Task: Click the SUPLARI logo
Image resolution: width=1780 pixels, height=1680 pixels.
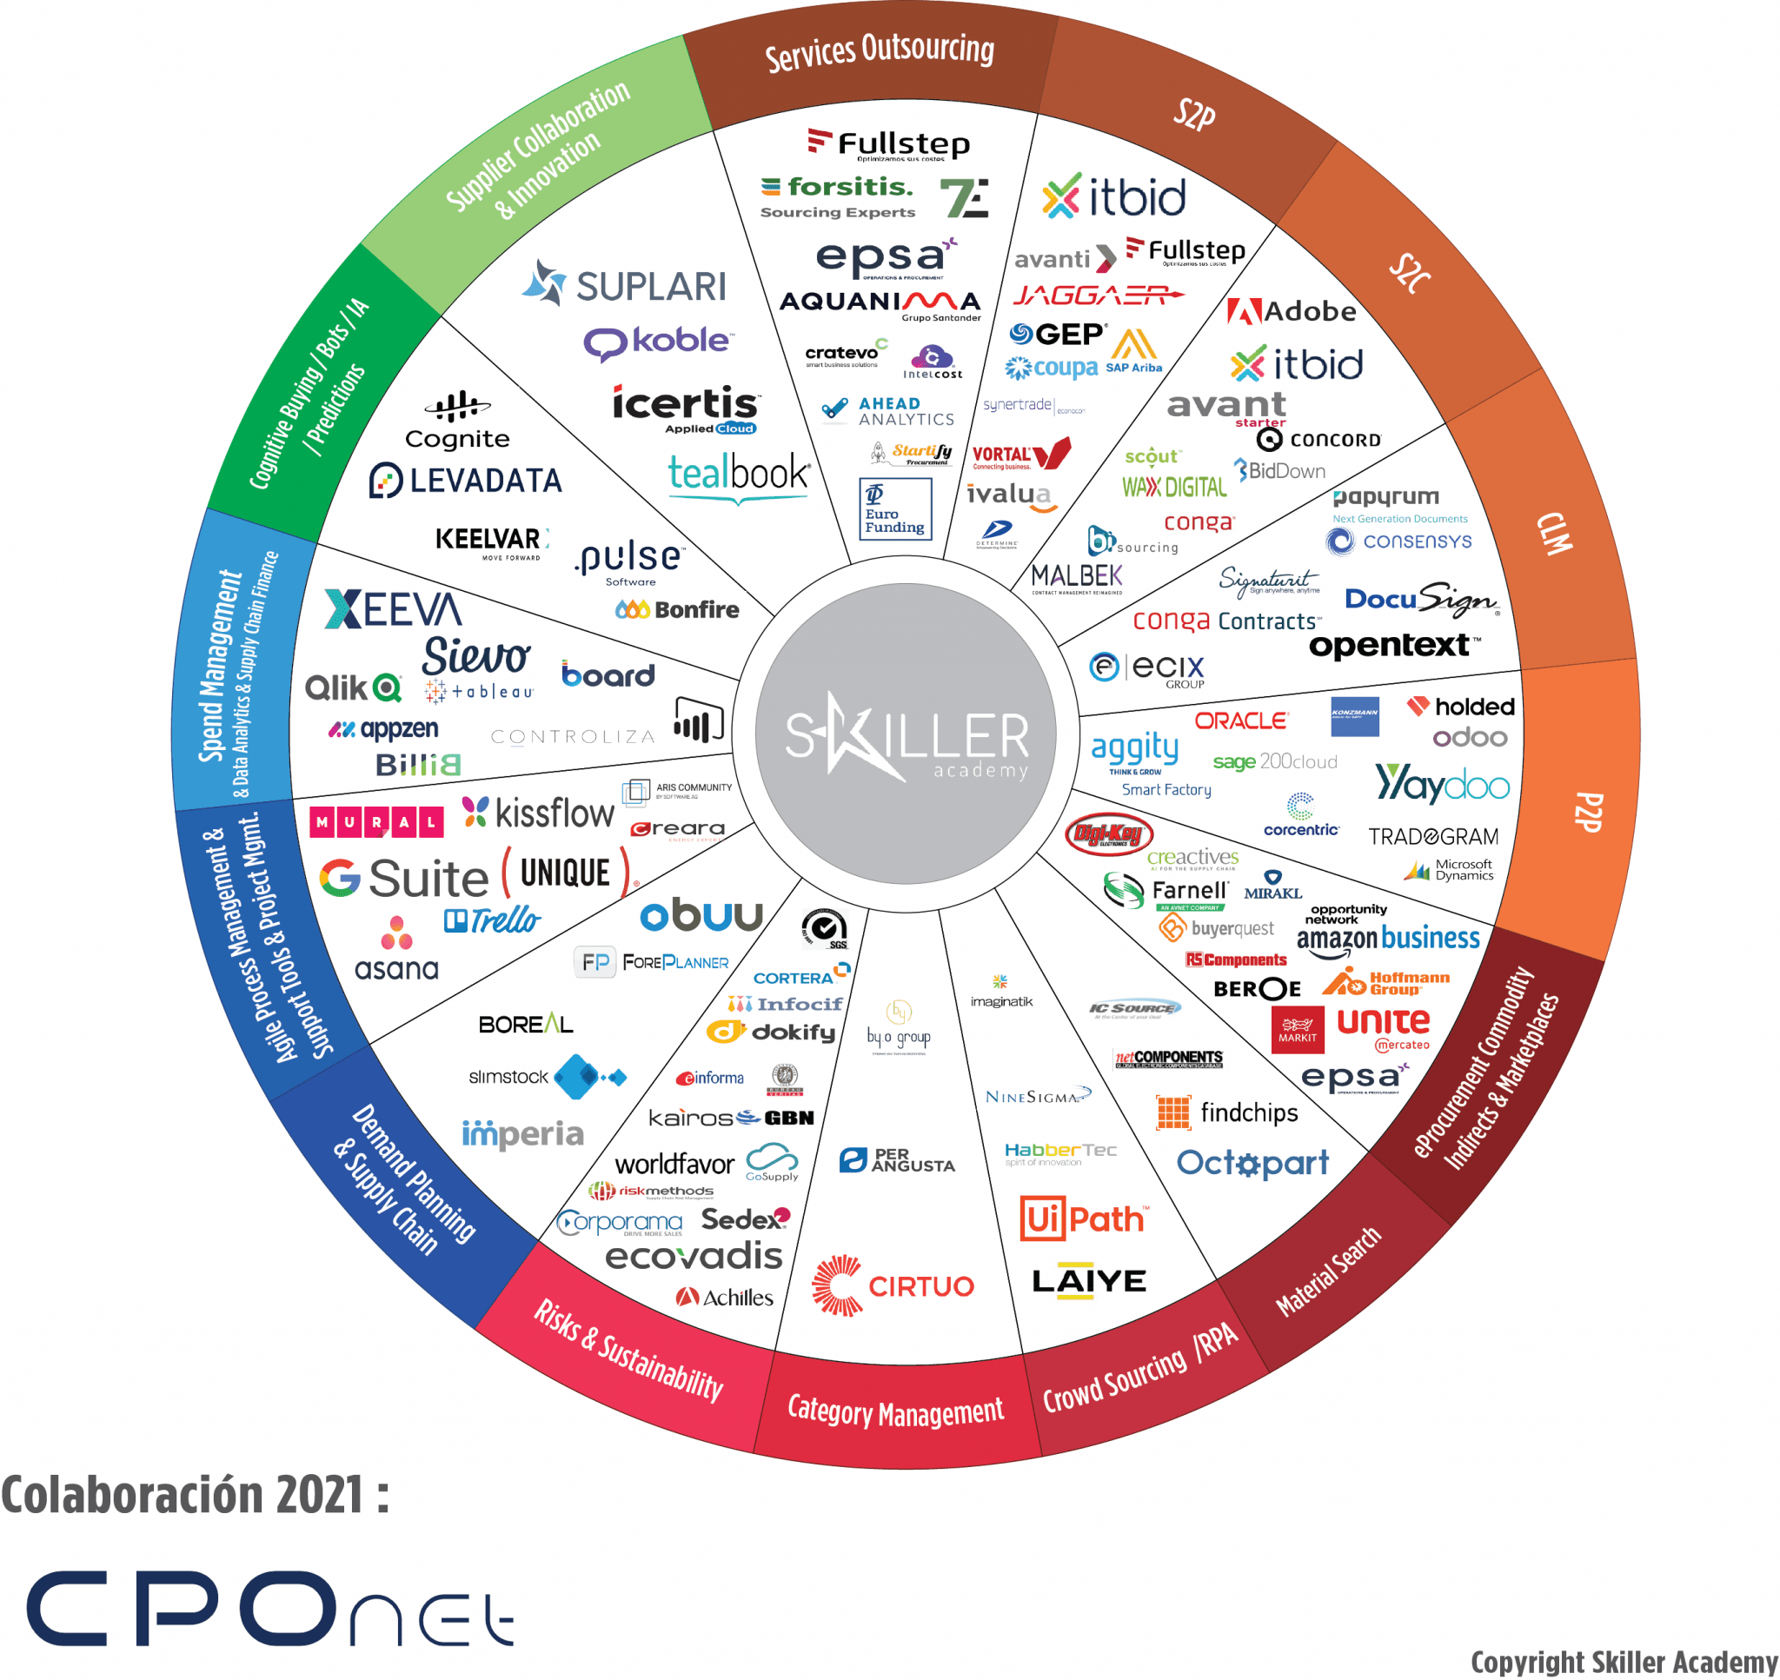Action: [625, 285]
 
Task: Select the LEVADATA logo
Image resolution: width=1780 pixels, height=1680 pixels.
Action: [466, 481]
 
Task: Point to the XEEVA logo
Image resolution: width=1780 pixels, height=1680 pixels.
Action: [393, 609]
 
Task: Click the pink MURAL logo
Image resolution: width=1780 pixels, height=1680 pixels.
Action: [376, 821]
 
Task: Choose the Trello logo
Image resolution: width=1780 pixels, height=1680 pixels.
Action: [493, 920]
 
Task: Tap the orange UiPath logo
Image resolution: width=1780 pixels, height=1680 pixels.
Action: [1084, 1218]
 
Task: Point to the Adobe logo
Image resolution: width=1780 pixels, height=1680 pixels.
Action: [1292, 312]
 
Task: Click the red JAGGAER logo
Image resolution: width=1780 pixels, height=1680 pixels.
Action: [1098, 295]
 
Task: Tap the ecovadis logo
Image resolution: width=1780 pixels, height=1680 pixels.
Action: [694, 1256]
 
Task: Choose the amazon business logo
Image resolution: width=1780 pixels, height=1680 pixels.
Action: [1388, 938]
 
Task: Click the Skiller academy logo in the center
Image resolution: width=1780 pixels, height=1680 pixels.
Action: [907, 734]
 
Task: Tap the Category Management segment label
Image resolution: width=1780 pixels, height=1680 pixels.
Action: [895, 1411]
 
